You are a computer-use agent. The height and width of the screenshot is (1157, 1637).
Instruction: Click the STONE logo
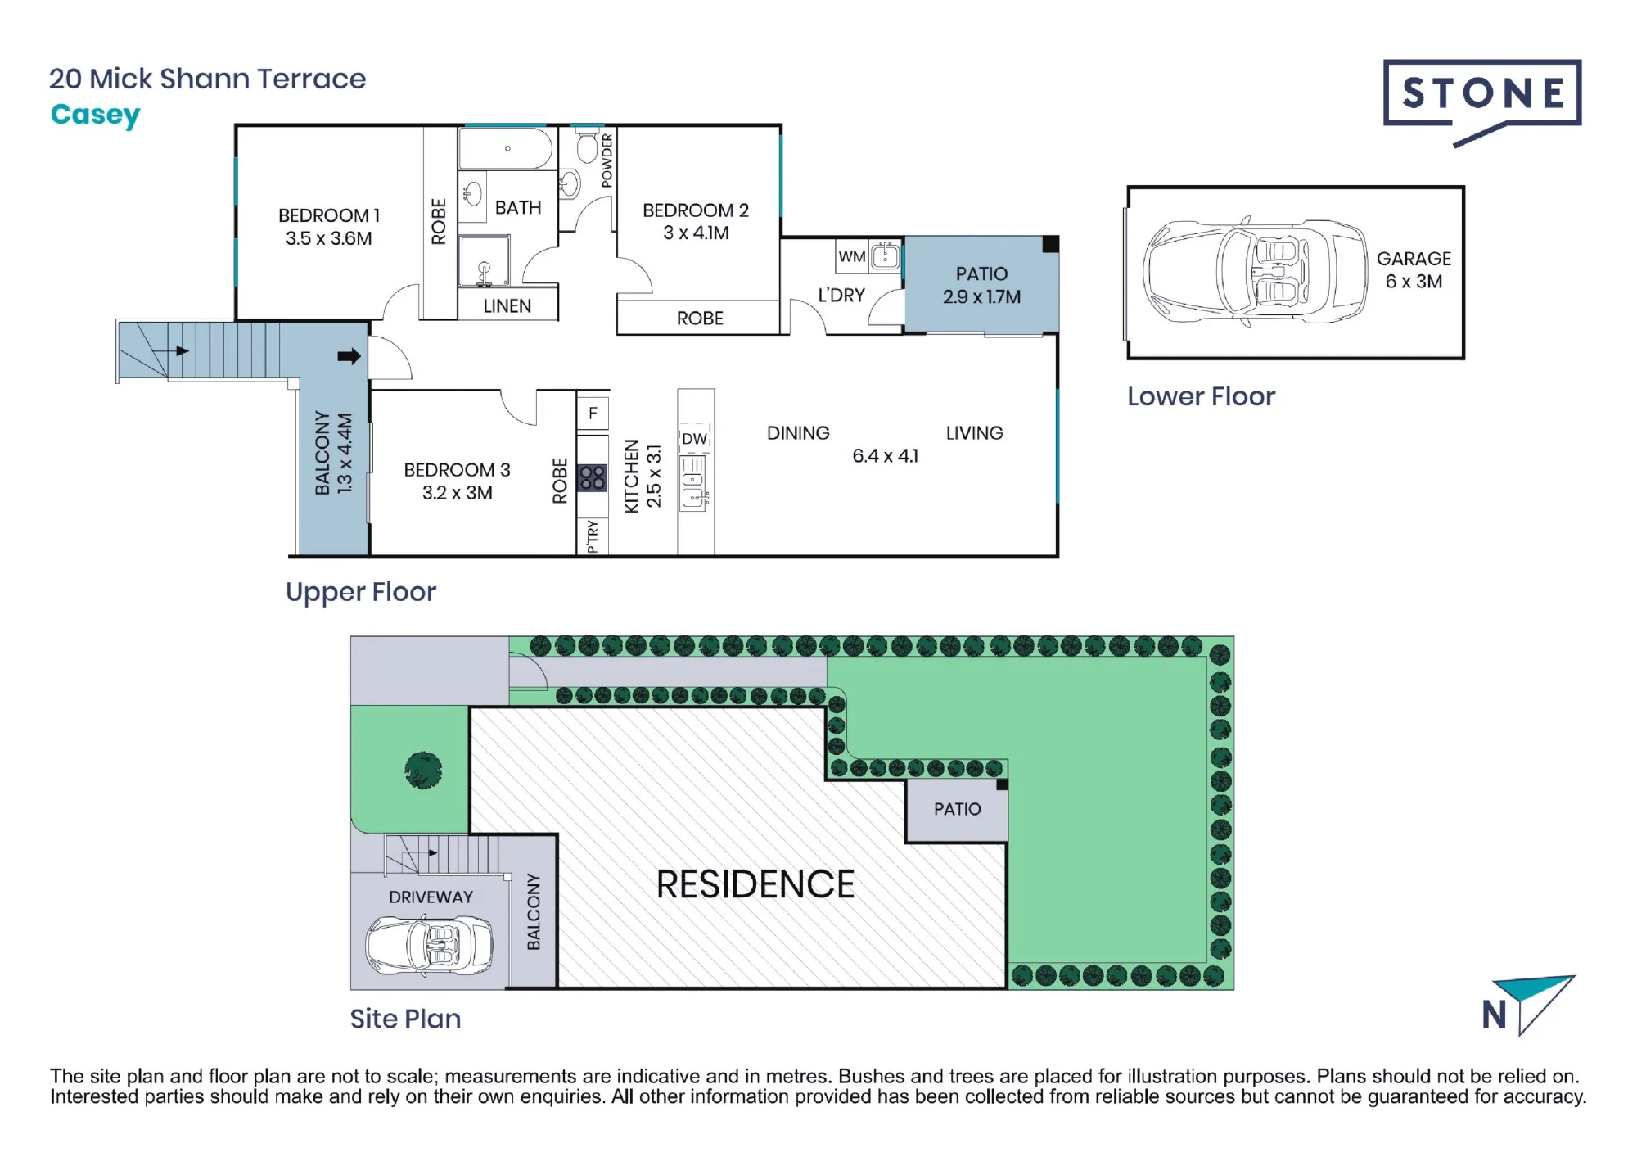tap(1482, 102)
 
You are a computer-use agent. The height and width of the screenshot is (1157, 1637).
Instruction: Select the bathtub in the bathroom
tap(506, 148)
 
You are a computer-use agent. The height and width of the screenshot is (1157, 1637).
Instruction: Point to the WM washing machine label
tap(851, 256)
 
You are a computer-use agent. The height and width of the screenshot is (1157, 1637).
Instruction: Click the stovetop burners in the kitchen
tap(593, 477)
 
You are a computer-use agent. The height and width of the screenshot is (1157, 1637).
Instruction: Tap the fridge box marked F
tap(593, 414)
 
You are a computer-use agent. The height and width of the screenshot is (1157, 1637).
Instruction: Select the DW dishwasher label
tap(695, 439)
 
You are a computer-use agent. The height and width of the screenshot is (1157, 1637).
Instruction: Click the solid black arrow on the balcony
tap(349, 356)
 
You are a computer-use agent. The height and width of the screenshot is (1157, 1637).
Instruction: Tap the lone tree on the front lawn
tap(424, 771)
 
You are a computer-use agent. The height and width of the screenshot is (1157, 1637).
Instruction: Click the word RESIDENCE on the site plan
tap(755, 884)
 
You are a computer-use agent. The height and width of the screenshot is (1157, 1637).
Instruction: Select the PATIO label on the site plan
tap(957, 809)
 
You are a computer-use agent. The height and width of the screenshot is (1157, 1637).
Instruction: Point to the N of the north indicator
tap(1495, 1015)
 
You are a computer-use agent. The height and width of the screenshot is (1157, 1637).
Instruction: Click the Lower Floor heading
tap(1201, 396)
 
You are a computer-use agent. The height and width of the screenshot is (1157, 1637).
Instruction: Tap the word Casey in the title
tap(95, 115)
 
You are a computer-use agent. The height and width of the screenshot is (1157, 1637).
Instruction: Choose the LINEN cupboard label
tap(507, 306)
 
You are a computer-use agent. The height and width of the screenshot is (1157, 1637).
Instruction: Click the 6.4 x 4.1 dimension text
tap(885, 456)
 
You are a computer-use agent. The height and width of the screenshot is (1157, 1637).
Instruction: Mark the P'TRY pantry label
tap(593, 536)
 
